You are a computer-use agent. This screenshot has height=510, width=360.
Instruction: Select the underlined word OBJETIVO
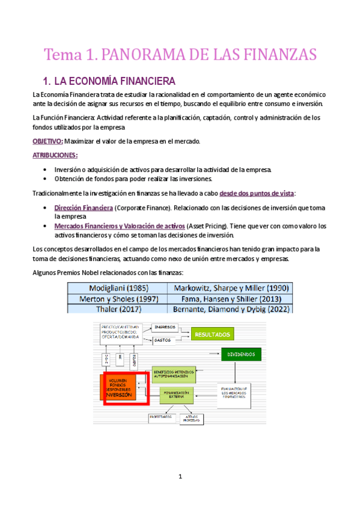(x=47, y=141)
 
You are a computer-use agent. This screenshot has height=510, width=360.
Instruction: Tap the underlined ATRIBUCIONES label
(x=55, y=155)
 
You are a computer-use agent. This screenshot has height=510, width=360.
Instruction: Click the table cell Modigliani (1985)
(x=118, y=287)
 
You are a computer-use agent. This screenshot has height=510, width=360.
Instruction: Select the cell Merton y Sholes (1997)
(x=118, y=298)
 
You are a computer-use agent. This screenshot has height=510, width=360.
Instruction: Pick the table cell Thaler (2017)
(x=118, y=309)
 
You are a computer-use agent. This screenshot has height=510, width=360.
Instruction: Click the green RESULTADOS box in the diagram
(x=211, y=334)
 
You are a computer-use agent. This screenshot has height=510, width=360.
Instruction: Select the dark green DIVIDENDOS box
(x=241, y=354)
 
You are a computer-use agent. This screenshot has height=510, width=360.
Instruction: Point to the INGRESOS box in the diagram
(x=164, y=327)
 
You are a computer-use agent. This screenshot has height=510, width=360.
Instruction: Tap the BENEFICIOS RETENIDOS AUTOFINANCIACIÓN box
(x=174, y=373)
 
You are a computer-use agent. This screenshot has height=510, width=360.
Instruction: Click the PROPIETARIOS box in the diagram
(x=160, y=417)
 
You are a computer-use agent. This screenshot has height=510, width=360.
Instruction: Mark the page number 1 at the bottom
(x=180, y=477)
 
